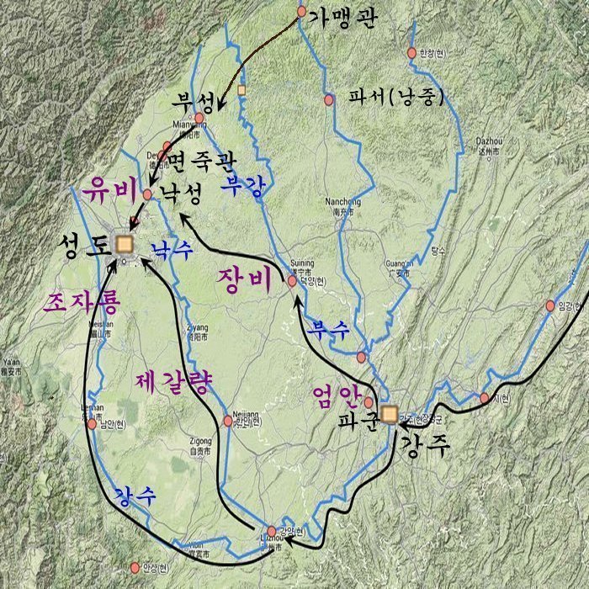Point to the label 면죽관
[x=202, y=159]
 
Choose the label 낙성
[x=180, y=195]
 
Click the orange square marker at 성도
[x=125, y=244]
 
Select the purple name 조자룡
[x=84, y=301]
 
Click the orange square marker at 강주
[x=389, y=413]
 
